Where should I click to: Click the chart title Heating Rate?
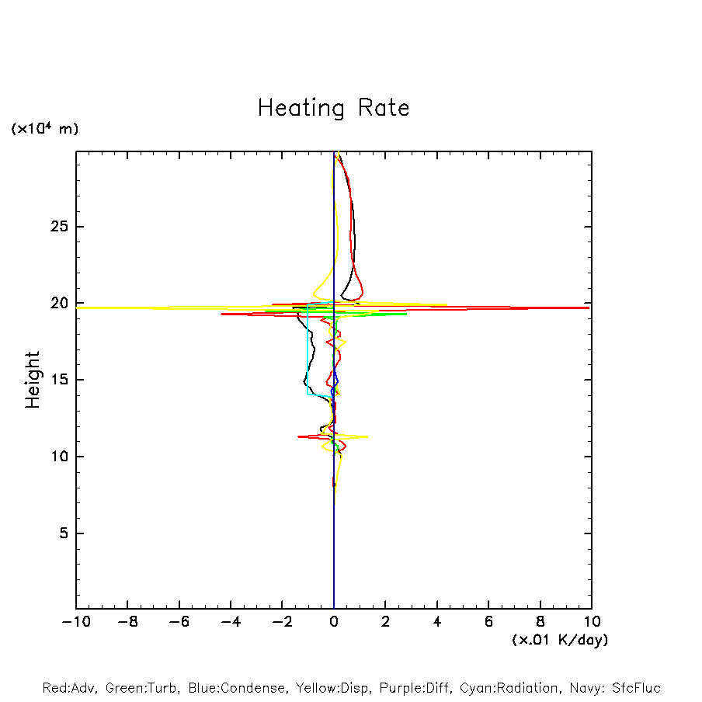pos(333,108)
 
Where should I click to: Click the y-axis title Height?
pos(32,380)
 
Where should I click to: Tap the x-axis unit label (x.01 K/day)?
pos(559,640)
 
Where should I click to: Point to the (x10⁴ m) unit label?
pos(44,129)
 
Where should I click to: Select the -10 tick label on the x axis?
pos(76,622)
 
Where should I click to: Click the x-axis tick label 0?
pos(334,622)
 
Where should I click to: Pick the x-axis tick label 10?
pos(591,622)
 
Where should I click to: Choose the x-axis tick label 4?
pos(437,622)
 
